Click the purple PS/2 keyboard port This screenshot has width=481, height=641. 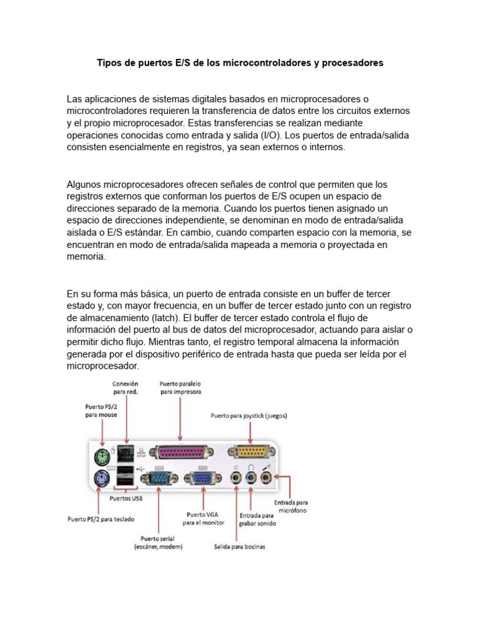click(x=100, y=479)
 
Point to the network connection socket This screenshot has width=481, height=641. click(x=125, y=452)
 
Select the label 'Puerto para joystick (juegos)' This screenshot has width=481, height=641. click(x=249, y=415)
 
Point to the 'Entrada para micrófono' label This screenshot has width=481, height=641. click(x=291, y=506)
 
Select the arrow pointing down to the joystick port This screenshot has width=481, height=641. click(x=250, y=432)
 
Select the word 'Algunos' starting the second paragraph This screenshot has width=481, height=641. click(x=84, y=185)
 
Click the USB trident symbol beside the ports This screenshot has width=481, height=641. click(x=143, y=468)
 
